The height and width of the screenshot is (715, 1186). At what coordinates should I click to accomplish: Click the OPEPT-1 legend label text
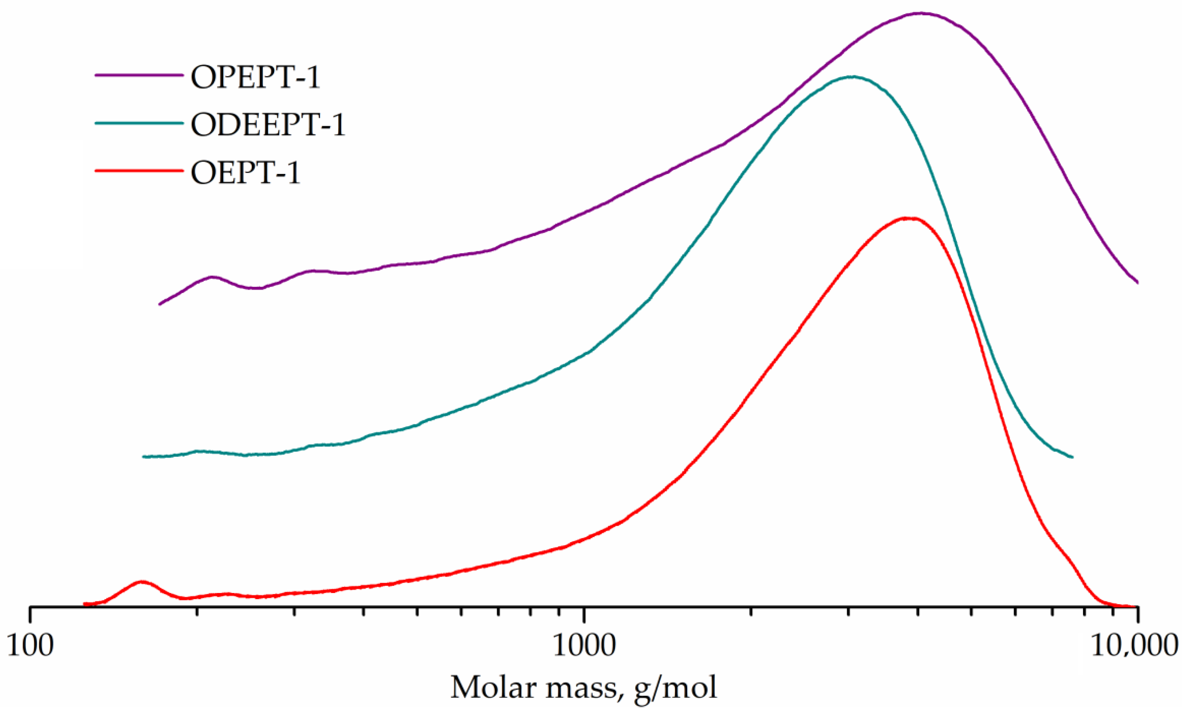click(x=255, y=77)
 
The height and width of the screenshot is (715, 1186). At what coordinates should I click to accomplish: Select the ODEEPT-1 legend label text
click(x=268, y=125)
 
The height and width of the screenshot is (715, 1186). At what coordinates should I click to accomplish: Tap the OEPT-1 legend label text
click(x=245, y=172)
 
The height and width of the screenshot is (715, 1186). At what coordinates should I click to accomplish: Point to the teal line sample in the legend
click(x=139, y=123)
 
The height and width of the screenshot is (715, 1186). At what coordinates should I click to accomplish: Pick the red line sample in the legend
click(x=139, y=171)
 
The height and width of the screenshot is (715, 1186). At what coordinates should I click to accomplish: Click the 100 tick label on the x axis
click(x=30, y=645)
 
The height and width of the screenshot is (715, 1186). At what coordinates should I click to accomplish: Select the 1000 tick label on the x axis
click(x=584, y=645)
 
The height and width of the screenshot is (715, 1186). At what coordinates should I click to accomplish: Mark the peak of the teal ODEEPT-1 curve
click(x=852, y=77)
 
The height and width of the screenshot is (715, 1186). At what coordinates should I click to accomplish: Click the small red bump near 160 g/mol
click(x=141, y=582)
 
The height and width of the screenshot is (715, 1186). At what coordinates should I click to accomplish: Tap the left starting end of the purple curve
click(x=160, y=304)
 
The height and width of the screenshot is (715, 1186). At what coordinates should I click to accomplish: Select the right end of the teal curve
click(x=1072, y=457)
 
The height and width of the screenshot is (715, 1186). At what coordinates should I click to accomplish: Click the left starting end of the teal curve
click(x=144, y=456)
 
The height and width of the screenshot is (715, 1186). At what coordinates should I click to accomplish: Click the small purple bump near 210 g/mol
click(x=212, y=277)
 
